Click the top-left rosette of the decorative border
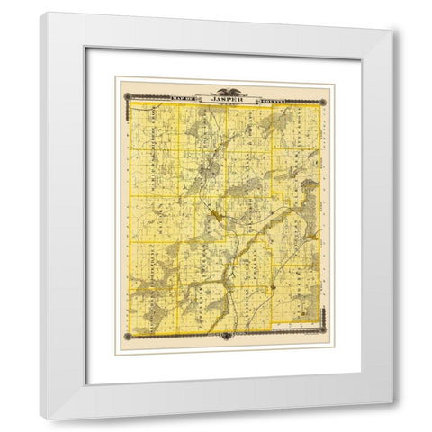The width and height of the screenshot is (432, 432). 126,98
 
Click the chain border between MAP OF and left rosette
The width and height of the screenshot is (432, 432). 149,98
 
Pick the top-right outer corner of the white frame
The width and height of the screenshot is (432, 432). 393,30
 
